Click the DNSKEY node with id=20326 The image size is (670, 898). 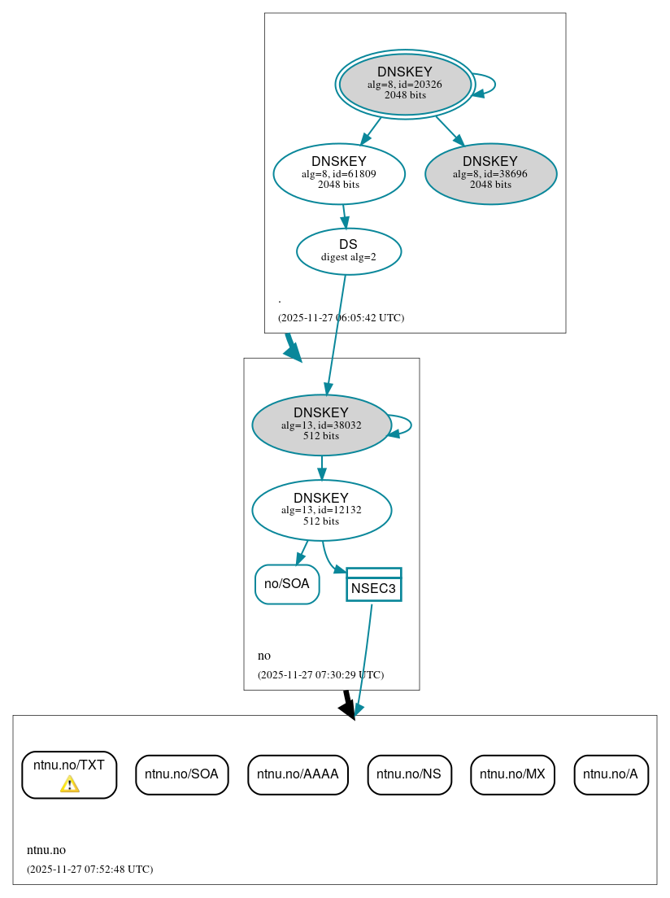tap(405, 84)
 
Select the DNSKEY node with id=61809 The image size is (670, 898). tap(339, 173)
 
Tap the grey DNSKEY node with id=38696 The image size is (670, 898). tap(490, 173)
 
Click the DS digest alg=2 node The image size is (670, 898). tap(349, 251)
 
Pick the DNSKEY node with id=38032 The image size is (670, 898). tap(322, 425)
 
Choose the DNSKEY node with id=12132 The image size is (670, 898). tap(322, 510)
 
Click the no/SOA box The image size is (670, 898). tap(287, 584)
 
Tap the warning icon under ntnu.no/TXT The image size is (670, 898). tap(70, 784)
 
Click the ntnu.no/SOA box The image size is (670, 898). tap(181, 774)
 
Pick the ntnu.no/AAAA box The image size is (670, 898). tap(298, 774)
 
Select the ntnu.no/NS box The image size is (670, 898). tap(409, 774)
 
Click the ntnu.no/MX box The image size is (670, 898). tap(512, 774)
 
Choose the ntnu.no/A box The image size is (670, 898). tap(611, 774)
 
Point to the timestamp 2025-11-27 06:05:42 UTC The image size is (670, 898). tap(341, 318)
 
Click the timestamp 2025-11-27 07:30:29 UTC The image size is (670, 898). tap(320, 675)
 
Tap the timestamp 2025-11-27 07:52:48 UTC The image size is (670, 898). tap(89, 870)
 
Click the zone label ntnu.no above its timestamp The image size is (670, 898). tap(46, 850)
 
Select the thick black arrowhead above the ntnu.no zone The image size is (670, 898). tap(348, 710)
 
